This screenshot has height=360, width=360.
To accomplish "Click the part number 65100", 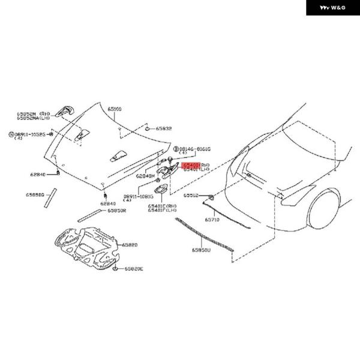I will tap(115, 109).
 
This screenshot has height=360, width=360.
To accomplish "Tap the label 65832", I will tap(164, 128).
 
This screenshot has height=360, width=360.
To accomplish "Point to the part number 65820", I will tap(130, 245).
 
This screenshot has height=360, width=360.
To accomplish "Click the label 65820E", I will tap(133, 269).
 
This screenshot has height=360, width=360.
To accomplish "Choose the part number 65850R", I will tap(117, 211).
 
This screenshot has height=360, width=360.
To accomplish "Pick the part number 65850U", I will tap(202, 250).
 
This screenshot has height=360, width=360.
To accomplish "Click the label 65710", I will tap(212, 220).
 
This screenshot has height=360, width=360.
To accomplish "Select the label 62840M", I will tap(145, 176).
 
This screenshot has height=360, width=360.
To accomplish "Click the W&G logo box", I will tap(333, 8).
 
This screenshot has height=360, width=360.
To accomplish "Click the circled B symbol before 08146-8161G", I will tap(176, 148).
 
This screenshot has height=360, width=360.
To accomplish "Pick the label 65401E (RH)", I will tap(163, 205).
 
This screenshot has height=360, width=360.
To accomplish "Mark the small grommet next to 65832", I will tap(147, 128).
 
